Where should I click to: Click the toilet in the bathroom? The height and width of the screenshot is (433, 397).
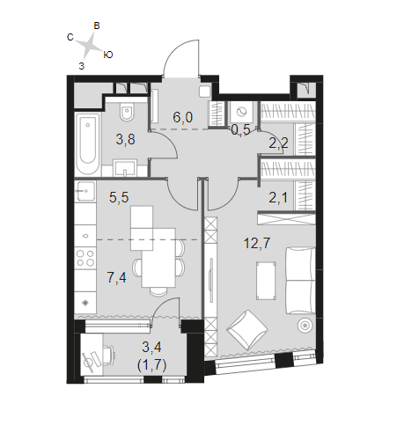127,112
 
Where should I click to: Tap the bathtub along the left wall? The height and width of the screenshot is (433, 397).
88,144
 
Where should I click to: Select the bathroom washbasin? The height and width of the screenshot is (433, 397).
125,168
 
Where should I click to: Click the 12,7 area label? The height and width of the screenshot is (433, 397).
257,243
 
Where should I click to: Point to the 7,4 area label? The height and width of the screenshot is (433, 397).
117,277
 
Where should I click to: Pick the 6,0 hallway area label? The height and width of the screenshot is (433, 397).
183,117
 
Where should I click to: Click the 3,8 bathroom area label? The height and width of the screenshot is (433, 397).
126,139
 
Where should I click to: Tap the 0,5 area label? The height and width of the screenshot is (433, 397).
240,129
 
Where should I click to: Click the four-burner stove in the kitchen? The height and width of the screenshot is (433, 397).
85,258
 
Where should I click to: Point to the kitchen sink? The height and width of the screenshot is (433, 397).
85,191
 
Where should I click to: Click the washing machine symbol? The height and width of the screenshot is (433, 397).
241,112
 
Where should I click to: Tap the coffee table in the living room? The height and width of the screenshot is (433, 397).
266,281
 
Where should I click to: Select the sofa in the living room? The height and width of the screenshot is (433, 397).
300,281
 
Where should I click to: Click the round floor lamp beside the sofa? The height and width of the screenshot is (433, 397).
305,326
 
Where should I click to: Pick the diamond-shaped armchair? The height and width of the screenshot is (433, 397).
247,330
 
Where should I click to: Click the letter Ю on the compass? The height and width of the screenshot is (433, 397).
108,55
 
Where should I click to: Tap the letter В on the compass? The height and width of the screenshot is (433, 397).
97,26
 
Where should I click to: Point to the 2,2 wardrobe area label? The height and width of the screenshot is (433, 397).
279,143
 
